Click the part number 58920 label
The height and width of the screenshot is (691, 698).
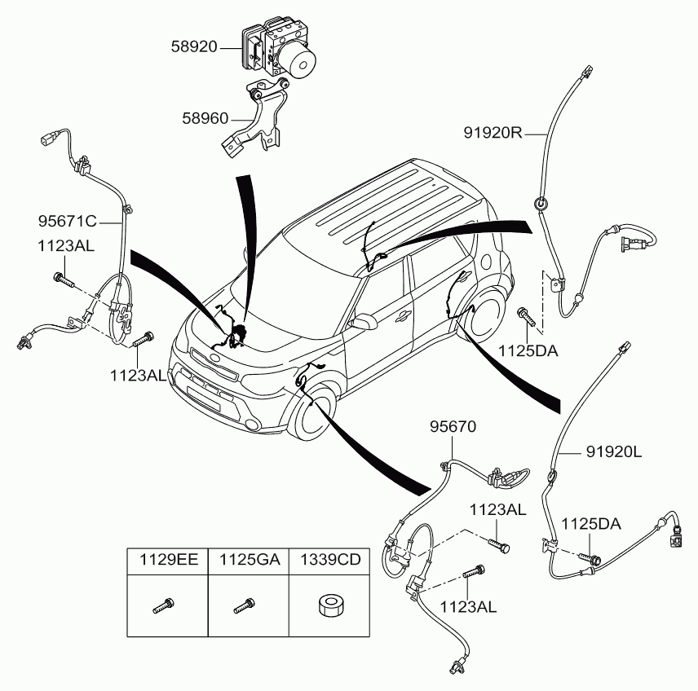pos(194,46)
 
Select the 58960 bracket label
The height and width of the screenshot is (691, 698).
pos(205,118)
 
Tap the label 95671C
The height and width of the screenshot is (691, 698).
pos(67,221)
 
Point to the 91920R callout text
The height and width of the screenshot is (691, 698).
pos(493,132)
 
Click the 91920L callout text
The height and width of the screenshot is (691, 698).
pos(614,452)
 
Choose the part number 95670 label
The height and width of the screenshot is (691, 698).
pos(453,427)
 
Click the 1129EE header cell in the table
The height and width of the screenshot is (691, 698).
pos(169,559)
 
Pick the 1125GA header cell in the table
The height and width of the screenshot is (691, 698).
pos(250,559)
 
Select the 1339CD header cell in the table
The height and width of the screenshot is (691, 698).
pos(330,559)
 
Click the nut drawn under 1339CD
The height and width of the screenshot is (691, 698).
pos(330,606)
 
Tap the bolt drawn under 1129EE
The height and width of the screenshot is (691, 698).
pos(163,605)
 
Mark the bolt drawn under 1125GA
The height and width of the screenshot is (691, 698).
pos(245,605)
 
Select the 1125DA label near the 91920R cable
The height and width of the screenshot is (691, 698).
pos(528,350)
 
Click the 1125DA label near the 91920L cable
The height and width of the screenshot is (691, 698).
pos(590,524)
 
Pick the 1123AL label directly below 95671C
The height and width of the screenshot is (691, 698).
pos(66,245)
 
